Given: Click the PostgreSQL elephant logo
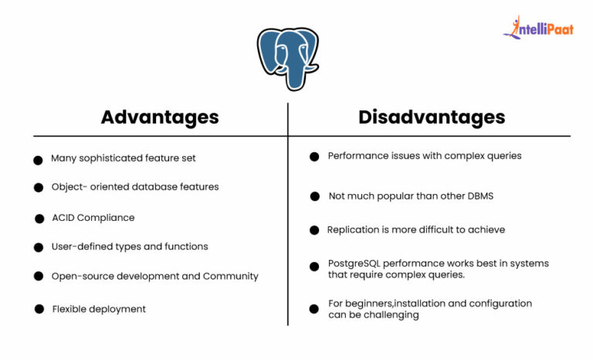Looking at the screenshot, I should coord(287,59).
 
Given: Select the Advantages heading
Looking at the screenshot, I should coord(160,117).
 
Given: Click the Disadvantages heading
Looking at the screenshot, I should coord(432,117).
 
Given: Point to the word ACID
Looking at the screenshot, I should coord(65,218).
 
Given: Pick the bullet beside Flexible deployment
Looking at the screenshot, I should coord(39,309).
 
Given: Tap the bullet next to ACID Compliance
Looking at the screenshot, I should coord(39,219).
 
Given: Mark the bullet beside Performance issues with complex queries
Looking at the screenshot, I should coord(314,157).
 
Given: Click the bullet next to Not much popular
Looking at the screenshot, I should coord(314,197).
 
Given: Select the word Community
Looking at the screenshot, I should coord(231,276).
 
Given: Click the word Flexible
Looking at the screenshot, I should coord(69,309).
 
